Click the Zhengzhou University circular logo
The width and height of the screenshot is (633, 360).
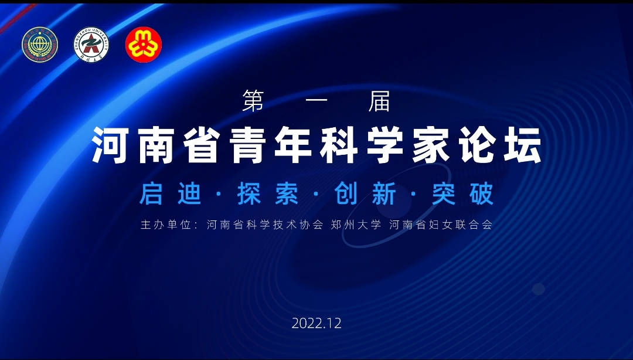coord(91,45)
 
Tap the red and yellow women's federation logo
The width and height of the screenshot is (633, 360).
coord(144,45)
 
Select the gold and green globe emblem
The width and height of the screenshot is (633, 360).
coord(40,45)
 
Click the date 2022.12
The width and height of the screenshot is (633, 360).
coord(316,323)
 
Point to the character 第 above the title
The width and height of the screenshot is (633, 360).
coord(253,101)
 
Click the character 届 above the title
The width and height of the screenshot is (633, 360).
coord(379,101)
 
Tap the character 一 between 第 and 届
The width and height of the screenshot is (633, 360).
coord(316,101)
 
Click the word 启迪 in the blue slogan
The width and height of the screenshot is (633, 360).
coord(170,194)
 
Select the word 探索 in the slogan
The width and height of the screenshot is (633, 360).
coord(268,194)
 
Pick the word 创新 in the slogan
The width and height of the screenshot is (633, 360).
coord(365,194)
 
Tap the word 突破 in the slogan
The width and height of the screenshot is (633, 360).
coord(462,194)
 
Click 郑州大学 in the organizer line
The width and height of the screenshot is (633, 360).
coord(356,225)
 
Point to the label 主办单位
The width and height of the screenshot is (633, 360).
coord(165,225)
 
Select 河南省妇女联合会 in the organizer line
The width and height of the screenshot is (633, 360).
coord(441,225)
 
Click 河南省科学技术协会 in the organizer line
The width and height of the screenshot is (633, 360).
coord(265,225)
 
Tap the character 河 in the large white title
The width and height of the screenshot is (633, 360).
coord(110,145)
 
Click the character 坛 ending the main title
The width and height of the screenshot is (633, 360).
coord(523,145)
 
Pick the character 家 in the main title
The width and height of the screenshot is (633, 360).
coord(431,145)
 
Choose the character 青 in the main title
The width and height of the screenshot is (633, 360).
coord(247,145)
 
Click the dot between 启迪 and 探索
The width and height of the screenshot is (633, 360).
coord(219,194)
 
